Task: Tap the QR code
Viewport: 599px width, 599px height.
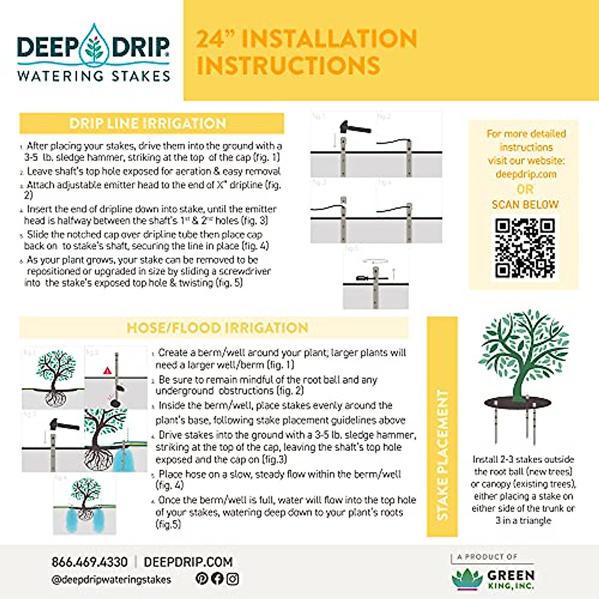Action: pos(525,248)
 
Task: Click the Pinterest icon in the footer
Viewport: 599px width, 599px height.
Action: pos(202,579)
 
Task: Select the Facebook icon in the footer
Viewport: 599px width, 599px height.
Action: pos(217,579)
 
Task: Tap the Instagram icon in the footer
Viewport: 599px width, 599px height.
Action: pos(233,579)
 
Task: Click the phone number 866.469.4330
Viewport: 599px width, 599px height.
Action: pos(89,562)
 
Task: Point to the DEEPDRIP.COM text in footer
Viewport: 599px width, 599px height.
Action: pos(188,562)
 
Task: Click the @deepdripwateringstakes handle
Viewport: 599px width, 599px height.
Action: pos(111,580)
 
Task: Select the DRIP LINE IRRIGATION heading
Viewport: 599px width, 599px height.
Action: pos(148,123)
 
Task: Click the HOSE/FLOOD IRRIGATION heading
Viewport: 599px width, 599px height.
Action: pos(217,328)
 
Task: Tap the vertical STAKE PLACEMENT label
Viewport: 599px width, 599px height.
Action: pos(442,454)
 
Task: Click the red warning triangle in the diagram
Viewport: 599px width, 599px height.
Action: pos(107,371)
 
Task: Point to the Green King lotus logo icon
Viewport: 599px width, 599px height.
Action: pos(467,579)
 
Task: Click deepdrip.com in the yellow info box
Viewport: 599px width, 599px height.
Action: pos(526,174)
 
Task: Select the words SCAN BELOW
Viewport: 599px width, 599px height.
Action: pos(525,205)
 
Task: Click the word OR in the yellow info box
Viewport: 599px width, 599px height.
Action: pos(525,190)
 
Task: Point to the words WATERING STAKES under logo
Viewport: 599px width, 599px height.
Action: pos(94,76)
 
